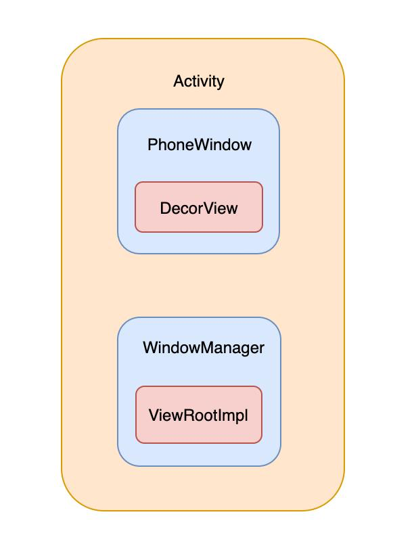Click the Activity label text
(x=199, y=82)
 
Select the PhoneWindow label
(x=199, y=145)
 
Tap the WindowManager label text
(x=203, y=348)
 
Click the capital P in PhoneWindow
(x=152, y=145)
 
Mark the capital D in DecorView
(x=165, y=208)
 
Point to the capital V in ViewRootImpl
(x=153, y=415)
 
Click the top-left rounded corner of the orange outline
(x=73, y=50)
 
